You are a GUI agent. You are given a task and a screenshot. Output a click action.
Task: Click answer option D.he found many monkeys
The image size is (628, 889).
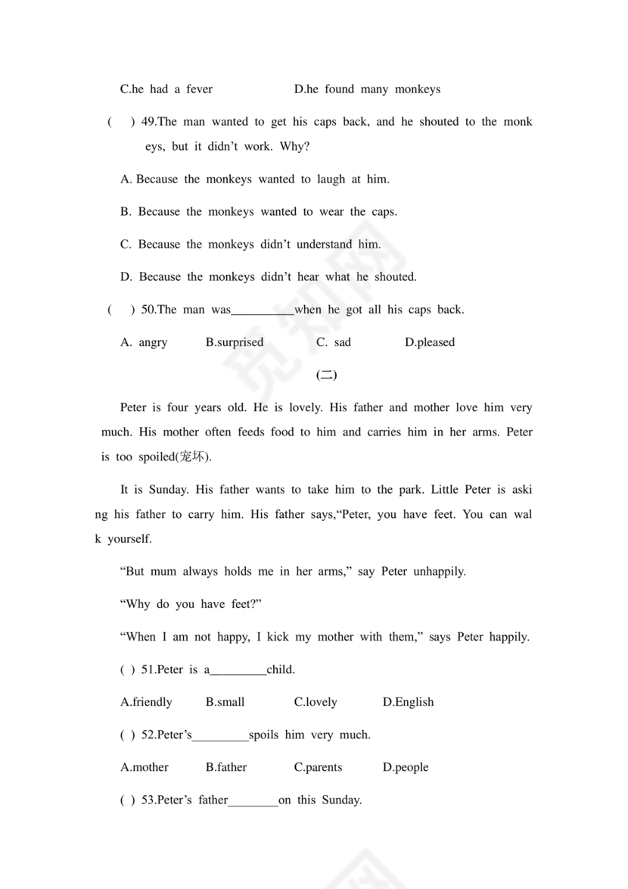[x=367, y=89]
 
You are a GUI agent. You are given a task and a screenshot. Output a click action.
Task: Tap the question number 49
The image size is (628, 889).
[x=149, y=122]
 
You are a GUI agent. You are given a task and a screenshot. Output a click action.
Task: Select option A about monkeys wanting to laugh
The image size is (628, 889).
[x=255, y=179]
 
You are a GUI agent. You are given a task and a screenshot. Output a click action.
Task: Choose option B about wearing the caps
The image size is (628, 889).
[x=258, y=212]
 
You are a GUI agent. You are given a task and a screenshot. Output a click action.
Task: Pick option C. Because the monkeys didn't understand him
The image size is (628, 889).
[x=250, y=245]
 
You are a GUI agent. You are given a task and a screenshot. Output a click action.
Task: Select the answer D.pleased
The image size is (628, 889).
[x=430, y=342]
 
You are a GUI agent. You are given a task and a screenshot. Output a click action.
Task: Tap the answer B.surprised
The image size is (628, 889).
[x=235, y=342]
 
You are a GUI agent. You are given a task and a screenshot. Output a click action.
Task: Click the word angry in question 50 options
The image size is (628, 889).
[x=153, y=342]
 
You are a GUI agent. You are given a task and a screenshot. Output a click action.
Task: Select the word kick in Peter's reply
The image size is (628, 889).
[x=280, y=637]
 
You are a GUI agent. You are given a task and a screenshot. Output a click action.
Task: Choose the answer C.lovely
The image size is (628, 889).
[x=316, y=702]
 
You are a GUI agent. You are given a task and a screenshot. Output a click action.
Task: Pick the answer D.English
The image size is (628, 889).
[x=408, y=702]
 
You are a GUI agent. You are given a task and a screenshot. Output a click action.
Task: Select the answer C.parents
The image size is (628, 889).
[x=318, y=767]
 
